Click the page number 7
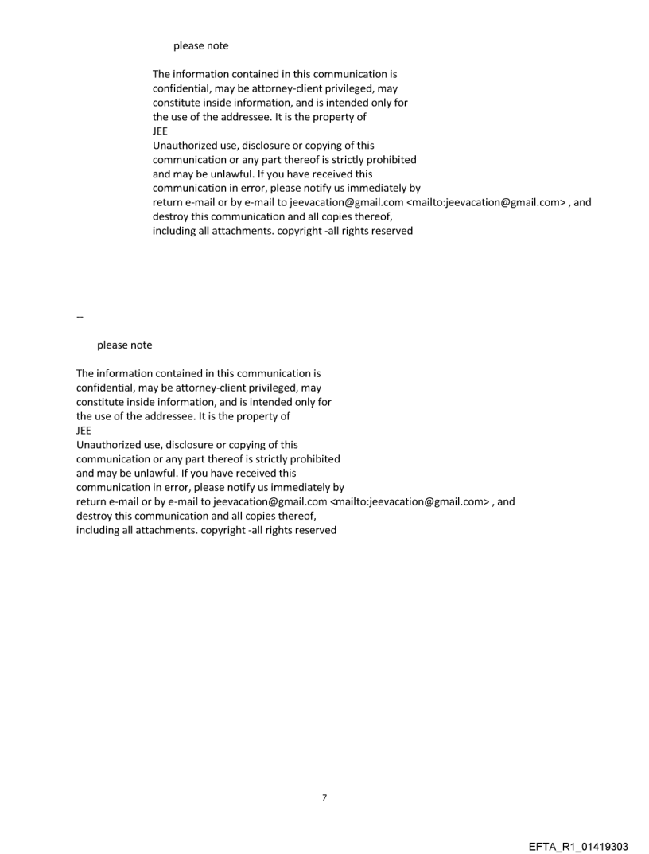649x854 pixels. coord(324,797)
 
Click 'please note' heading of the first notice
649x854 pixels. coord(200,45)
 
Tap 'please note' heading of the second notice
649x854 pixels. coord(124,345)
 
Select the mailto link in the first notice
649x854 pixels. coord(492,203)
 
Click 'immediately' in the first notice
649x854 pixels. coord(372,189)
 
